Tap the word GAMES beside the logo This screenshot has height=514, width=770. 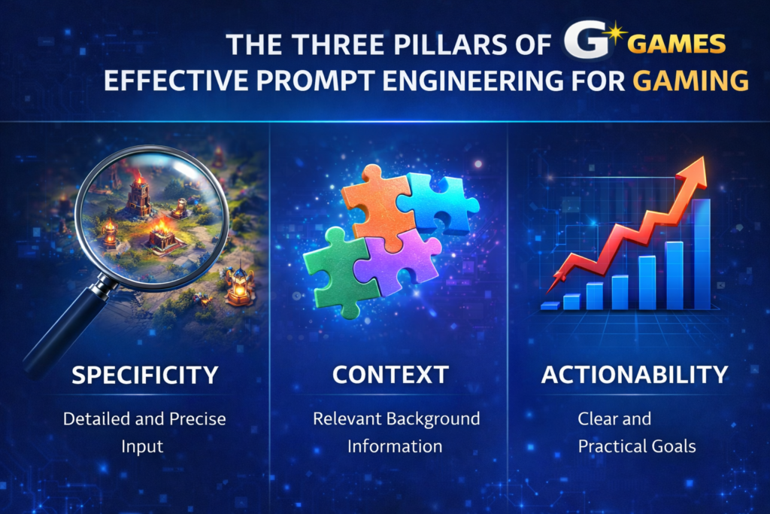[x=676, y=44]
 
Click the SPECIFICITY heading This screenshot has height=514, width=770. [x=145, y=374]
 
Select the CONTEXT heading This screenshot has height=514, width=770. [x=390, y=374]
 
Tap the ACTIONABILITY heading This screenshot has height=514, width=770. [x=635, y=374]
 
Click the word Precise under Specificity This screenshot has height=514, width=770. [x=196, y=418]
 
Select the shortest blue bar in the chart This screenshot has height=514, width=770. [x=550, y=306]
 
